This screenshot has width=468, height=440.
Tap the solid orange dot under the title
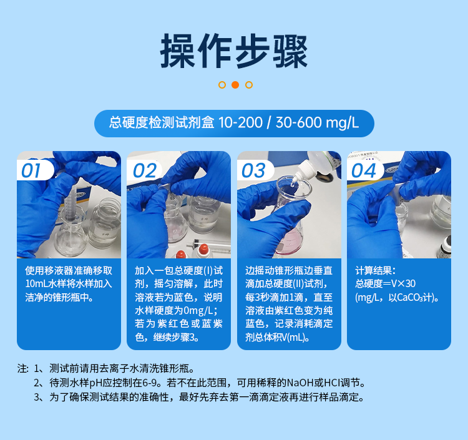(x=235, y=85)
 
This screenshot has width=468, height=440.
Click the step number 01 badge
(x=32, y=170)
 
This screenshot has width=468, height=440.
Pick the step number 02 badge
(x=143, y=170)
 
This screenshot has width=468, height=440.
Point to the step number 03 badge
(x=253, y=170)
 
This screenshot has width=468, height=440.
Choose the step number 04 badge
(x=363, y=170)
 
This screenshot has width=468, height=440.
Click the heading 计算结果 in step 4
(x=375, y=270)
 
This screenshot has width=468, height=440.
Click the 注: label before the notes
(x=23, y=368)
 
